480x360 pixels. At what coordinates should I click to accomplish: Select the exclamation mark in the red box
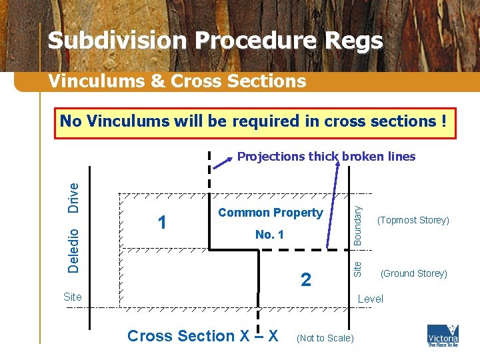443,121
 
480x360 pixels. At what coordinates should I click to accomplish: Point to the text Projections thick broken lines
326,157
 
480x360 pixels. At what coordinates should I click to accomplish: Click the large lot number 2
305,280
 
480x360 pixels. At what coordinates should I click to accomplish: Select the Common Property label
270,213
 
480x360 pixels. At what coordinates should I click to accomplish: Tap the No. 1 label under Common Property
269,235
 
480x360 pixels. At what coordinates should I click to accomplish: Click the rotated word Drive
75,197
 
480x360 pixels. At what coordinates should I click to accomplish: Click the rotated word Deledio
75,250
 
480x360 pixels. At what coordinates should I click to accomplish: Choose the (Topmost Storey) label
413,220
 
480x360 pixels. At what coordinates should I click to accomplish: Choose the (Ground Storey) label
413,273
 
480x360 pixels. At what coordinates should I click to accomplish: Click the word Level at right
370,299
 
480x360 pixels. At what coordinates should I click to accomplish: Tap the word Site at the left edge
73,297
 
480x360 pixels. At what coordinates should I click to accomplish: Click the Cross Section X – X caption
203,336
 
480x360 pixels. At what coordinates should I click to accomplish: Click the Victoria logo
443,335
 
